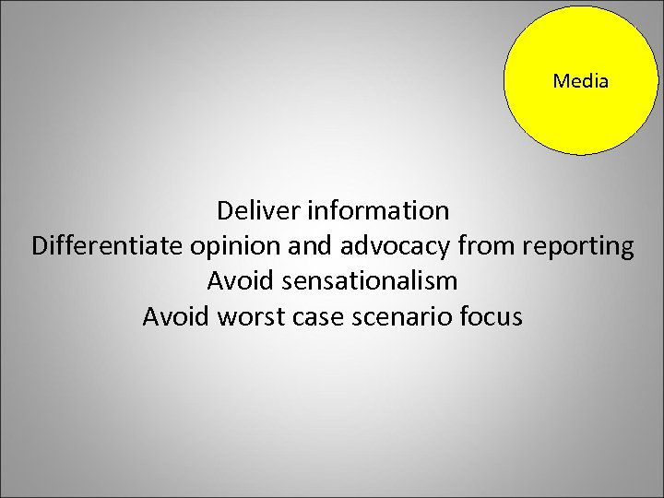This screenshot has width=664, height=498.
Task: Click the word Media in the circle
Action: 581,81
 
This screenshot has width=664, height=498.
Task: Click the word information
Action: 378,211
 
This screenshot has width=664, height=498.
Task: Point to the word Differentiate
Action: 107,246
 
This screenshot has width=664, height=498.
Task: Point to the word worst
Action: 250,317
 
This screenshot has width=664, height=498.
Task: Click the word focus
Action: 492,317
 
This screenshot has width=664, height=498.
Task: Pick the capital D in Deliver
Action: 226,211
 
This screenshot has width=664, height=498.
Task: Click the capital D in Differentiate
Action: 40,246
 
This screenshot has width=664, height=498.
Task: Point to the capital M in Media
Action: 561,81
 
